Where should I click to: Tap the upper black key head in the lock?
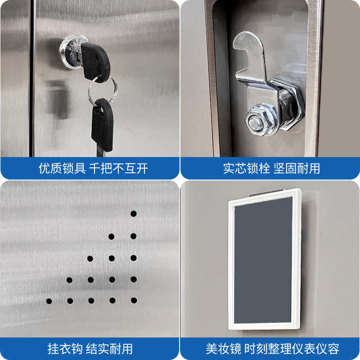tap(96, 61)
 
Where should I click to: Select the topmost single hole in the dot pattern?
tap(134, 213)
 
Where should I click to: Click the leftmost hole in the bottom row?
tap(49, 301)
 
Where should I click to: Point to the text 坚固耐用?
tap(297, 169)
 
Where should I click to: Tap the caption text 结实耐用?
tap(110, 349)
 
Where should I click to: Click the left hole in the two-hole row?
tap(111, 236)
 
